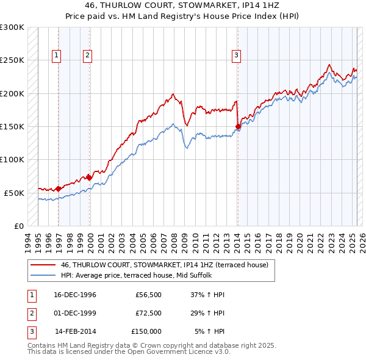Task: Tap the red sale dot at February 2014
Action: (x=238, y=126)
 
